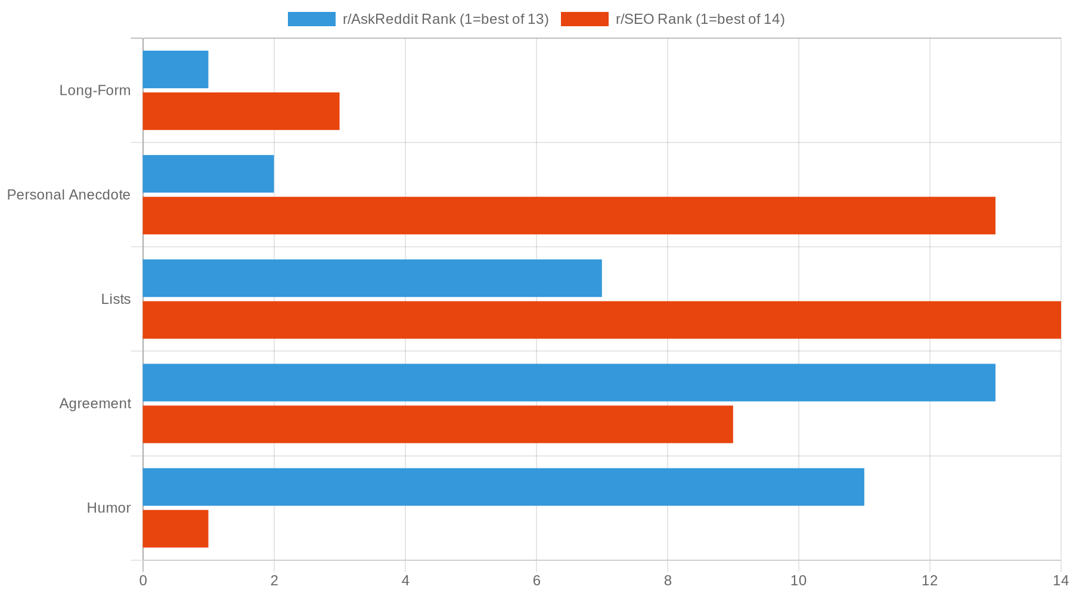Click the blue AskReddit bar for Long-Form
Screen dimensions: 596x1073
point(176,69)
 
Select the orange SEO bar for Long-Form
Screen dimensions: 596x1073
point(241,111)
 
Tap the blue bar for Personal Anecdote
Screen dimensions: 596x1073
point(209,173)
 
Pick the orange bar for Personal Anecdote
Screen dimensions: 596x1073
point(569,215)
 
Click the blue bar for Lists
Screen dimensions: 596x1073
point(373,278)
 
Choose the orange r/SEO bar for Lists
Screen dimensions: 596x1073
point(602,320)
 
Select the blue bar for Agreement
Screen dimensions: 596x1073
point(569,382)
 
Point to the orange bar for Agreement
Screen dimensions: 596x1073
point(438,424)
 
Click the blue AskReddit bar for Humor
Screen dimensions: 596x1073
point(504,487)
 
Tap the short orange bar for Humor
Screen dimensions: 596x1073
point(176,529)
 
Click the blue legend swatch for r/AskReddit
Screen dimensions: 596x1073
point(311,19)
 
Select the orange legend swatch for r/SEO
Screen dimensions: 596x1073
point(584,19)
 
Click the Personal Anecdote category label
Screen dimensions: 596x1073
point(69,195)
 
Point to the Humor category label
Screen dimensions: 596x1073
point(108,508)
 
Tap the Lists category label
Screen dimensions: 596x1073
point(116,299)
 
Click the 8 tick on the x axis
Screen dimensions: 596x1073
point(668,581)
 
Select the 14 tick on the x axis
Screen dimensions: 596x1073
point(1060,581)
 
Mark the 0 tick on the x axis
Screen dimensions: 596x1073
point(143,581)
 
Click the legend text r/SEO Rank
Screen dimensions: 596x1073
point(700,19)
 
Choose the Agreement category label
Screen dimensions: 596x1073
point(95,403)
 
